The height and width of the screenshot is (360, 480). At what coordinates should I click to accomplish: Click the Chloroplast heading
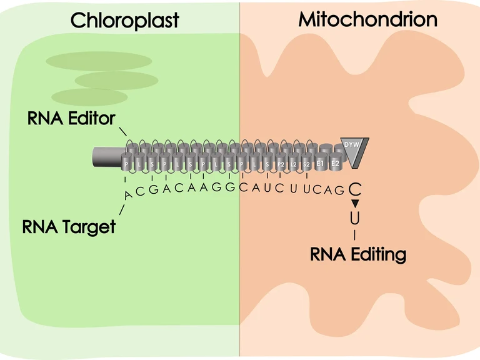click(x=124, y=20)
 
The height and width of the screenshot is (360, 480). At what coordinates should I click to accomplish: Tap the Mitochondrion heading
click(x=367, y=19)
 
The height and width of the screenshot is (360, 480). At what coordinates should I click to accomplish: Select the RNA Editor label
click(x=71, y=118)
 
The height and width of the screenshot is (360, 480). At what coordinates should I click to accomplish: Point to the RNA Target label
click(x=69, y=226)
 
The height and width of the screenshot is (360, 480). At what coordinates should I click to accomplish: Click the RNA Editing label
click(x=358, y=254)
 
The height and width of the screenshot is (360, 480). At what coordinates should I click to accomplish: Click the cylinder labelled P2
click(x=281, y=164)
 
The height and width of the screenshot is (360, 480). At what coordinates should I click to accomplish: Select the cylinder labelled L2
click(x=294, y=164)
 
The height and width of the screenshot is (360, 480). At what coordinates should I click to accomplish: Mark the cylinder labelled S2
click(x=307, y=164)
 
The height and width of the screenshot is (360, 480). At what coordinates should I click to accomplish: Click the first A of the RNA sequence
click(x=127, y=196)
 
